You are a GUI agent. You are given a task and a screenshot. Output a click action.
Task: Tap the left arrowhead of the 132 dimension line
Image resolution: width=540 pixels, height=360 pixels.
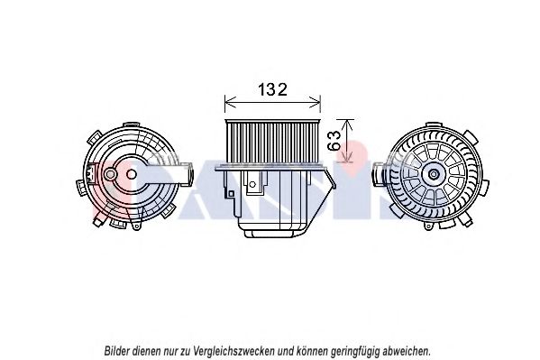tap(227, 100)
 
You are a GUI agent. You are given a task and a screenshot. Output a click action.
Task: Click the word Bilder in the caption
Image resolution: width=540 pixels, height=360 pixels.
tap(122, 349)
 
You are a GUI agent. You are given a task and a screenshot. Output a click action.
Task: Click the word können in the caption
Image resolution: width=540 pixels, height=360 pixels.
tap(307, 349)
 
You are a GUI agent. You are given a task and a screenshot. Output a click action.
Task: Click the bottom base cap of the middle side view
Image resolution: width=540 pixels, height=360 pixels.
tap(272, 231)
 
